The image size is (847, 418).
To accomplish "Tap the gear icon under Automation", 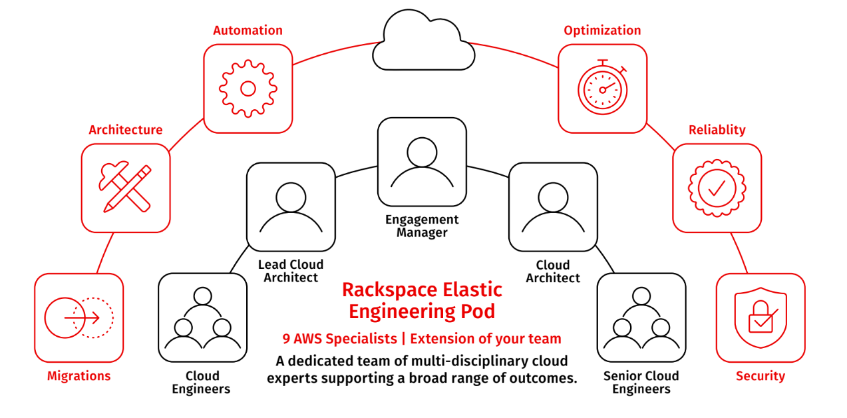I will click(248, 89).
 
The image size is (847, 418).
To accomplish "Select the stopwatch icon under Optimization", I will click(602, 89).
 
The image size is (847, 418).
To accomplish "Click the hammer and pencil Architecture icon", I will click(126, 188).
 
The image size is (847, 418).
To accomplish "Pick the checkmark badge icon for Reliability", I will click(717, 188).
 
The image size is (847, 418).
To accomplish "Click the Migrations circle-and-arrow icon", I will click(79, 317).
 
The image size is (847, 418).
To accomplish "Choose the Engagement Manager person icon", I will click(422, 162).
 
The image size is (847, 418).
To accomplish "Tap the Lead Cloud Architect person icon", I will click(291, 206).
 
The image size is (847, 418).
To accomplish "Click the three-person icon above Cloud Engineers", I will click(202, 317).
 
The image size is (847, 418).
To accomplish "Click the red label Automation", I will click(248, 31).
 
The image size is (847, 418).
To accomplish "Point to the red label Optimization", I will click(602, 31).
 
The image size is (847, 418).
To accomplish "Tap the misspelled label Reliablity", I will click(717, 130).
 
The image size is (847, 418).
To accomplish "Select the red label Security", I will click(761, 376).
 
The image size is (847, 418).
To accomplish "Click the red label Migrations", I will click(79, 376).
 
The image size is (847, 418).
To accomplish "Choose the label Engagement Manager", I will click(422, 226).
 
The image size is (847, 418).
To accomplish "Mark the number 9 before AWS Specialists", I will click(285, 339).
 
